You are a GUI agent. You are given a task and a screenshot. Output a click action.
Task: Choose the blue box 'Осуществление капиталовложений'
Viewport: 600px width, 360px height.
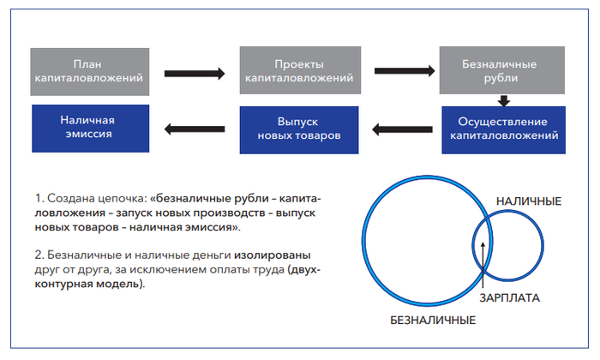point(505,129)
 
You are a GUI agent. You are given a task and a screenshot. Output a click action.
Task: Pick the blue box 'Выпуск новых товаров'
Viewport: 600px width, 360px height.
point(297,129)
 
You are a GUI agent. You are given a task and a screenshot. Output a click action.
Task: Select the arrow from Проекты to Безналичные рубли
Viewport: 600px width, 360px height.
point(403,73)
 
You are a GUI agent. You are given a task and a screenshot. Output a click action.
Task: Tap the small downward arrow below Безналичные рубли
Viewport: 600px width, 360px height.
point(506,99)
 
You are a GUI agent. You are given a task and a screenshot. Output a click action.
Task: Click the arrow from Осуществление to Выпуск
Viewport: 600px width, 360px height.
point(403,129)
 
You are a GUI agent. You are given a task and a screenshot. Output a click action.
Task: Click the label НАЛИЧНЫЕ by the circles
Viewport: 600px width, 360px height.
point(528,202)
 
